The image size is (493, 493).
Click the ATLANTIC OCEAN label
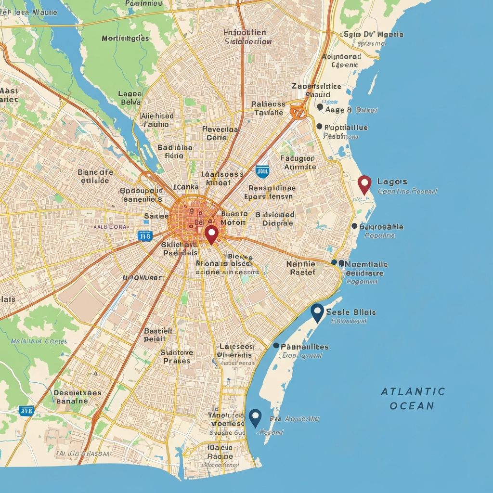(413, 398)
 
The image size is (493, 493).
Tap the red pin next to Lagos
(365, 184)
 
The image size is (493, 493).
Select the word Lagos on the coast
(392, 182)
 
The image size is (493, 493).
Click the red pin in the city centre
(211, 234)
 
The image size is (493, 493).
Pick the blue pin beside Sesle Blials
(317, 312)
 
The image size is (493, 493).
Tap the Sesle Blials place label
(350, 311)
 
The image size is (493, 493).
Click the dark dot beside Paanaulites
(276, 345)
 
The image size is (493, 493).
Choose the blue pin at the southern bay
(255, 416)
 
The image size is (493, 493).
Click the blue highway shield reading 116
(144, 235)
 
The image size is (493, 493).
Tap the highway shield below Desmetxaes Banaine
(26, 411)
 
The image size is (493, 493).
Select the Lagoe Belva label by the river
(130, 98)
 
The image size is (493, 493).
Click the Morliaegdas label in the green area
(125, 38)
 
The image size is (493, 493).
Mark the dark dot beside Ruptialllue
(319, 126)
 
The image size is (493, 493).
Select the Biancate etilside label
(95, 176)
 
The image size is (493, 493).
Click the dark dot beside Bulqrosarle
(354, 226)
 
